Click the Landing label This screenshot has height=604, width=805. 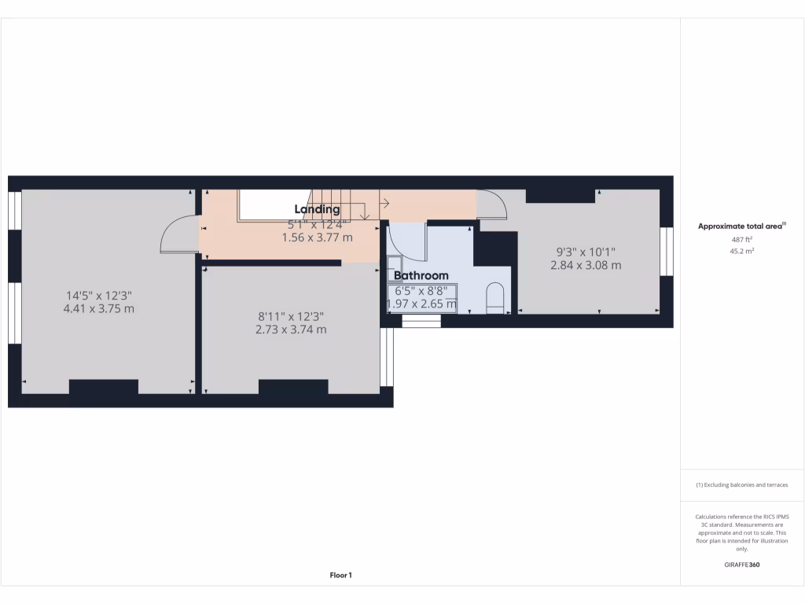pyautogui.click(x=317, y=209)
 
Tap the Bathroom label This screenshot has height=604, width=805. pyautogui.click(x=421, y=276)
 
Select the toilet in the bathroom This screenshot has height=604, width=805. pyautogui.click(x=495, y=298)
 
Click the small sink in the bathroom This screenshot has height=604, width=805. pyautogui.click(x=394, y=267)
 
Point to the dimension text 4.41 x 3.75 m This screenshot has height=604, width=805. pyautogui.click(x=98, y=309)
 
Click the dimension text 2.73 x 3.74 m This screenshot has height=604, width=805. pyautogui.click(x=291, y=330)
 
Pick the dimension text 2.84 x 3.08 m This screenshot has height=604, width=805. pyautogui.click(x=586, y=266)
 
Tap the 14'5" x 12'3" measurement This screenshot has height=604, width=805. pyautogui.click(x=98, y=296)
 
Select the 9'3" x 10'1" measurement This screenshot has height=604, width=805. pyautogui.click(x=586, y=252)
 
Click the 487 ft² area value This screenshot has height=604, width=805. pyautogui.click(x=742, y=239)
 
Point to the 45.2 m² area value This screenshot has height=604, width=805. pyautogui.click(x=742, y=252)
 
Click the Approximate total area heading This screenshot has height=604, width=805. pyautogui.click(x=742, y=226)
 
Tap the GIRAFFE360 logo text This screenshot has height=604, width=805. pyautogui.click(x=742, y=565)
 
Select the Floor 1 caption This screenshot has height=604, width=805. pyautogui.click(x=340, y=576)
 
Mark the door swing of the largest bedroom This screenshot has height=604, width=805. pyautogui.click(x=177, y=236)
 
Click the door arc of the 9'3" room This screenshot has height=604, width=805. pyautogui.click(x=491, y=204)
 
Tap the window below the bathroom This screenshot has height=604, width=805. pyautogui.click(x=421, y=321)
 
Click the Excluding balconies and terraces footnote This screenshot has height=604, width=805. pyautogui.click(x=742, y=485)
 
